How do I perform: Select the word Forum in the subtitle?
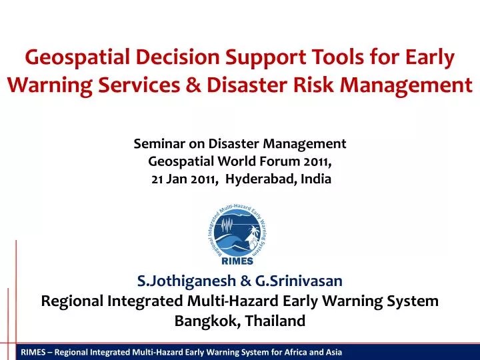275,161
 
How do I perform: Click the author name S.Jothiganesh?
183,281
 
